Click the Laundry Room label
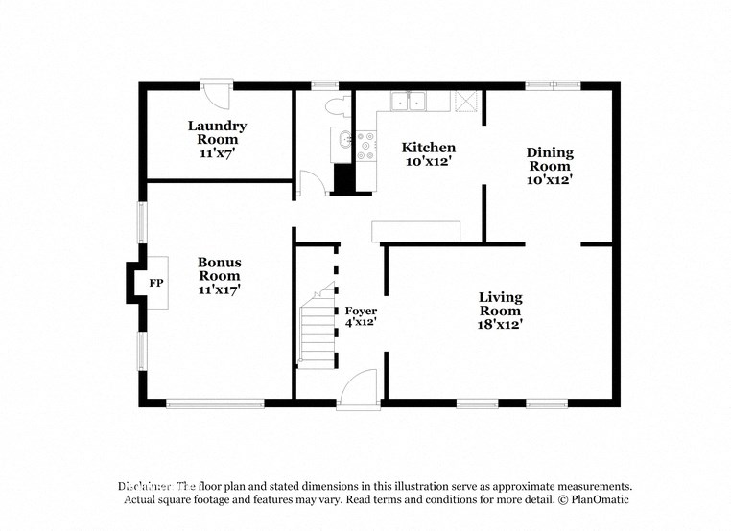[217, 139]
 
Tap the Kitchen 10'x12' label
[428, 154]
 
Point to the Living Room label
[500, 311]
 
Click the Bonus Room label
[219, 275]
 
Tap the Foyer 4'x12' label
[361, 317]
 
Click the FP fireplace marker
[155, 284]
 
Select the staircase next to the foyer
[317, 331]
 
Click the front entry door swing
[359, 389]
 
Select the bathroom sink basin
[342, 145]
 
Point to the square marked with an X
[467, 102]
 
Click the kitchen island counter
[416, 231]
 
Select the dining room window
[553, 85]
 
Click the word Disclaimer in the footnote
[145, 486]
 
